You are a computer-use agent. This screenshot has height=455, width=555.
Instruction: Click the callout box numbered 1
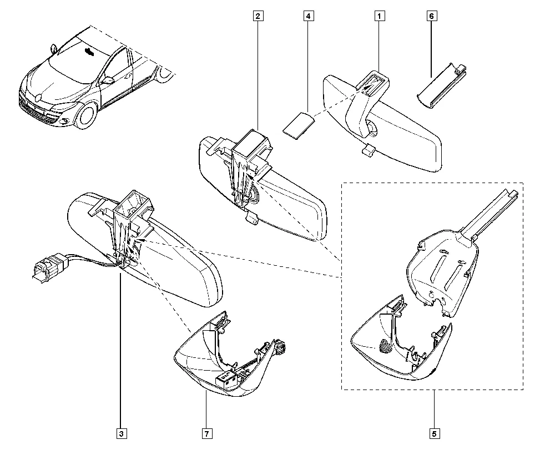pyautogui.click(x=380, y=16)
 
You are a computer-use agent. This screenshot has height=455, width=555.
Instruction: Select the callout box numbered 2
pyautogui.click(x=258, y=16)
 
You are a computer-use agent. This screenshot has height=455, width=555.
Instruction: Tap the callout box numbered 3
pyautogui.click(x=120, y=432)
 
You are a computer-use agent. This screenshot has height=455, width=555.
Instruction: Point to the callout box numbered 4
pyautogui.click(x=307, y=16)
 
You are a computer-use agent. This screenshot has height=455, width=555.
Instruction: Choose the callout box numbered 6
pyautogui.click(x=431, y=16)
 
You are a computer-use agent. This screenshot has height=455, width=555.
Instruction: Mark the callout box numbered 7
pyautogui.click(x=205, y=432)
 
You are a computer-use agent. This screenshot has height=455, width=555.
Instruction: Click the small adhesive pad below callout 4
pyautogui.click(x=297, y=123)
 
